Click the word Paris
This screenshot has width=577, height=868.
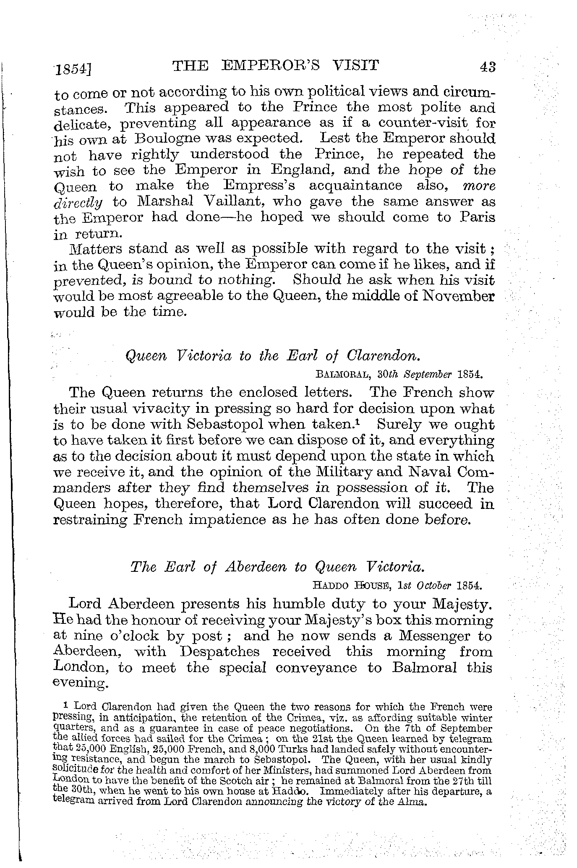pyautogui.click(x=477, y=217)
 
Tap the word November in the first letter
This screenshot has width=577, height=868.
pyautogui.click(x=458, y=296)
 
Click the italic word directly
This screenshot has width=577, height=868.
pyautogui.click(x=78, y=203)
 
